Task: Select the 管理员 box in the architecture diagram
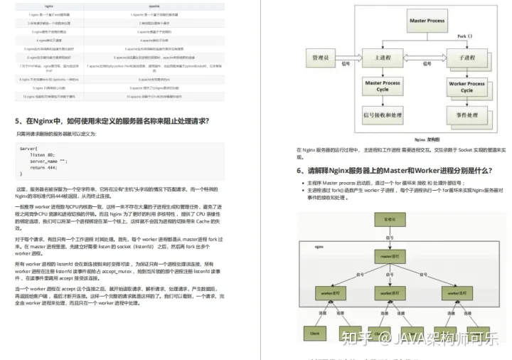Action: click(318, 55)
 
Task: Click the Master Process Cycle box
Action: click(383, 86)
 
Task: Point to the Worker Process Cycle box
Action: click(466, 87)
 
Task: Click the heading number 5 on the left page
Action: click(18, 121)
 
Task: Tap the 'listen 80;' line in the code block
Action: click(42, 154)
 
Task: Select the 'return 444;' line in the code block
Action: click(45, 166)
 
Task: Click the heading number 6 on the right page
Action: click(299, 171)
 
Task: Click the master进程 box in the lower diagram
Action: click(395, 255)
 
